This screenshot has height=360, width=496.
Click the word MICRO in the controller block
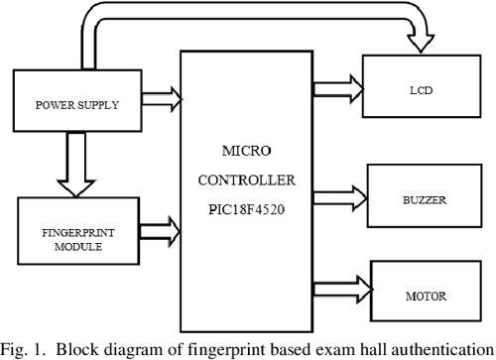tap(245, 155)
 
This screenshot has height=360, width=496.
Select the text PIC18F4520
tap(245, 211)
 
